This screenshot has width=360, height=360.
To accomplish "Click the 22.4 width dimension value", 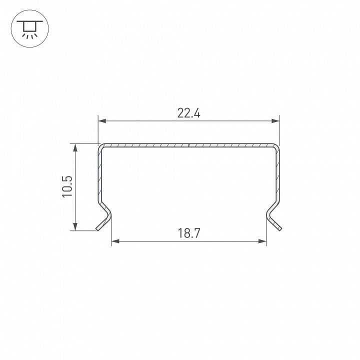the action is (x=188, y=113).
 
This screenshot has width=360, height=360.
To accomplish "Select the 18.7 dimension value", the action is (x=189, y=233).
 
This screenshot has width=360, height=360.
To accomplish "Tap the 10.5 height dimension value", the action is (x=67, y=186).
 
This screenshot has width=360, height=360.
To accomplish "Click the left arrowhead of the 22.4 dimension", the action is (x=102, y=121).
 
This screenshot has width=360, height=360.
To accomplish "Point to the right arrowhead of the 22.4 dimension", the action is (x=275, y=121).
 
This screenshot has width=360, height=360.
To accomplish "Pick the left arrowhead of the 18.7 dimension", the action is (x=115, y=241).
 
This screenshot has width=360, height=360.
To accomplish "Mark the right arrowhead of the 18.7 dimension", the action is (x=262, y=241).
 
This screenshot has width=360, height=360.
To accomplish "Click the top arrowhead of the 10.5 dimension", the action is (x=75, y=148).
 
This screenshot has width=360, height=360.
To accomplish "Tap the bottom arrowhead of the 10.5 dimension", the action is (x=75, y=226).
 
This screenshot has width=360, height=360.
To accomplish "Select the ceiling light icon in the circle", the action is (x=30, y=28).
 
